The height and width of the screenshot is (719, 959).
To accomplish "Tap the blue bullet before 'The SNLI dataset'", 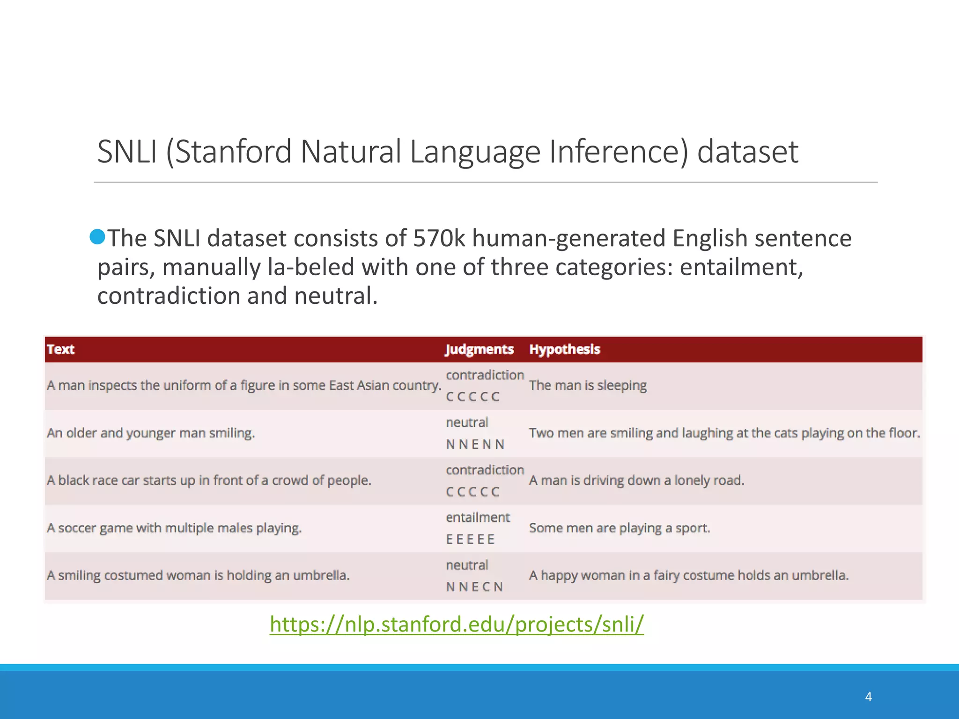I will (x=97, y=237).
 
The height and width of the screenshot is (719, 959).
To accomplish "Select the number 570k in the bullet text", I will (x=439, y=238).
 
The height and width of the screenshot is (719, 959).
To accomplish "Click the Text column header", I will (x=60, y=349).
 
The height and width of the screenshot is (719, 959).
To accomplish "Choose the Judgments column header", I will (x=479, y=349).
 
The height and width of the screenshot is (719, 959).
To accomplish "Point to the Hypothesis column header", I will (x=564, y=349).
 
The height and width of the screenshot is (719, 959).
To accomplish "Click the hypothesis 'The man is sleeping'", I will (x=588, y=385).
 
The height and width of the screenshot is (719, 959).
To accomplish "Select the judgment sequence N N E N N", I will (x=475, y=444).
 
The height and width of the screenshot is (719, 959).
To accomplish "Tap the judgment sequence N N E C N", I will (x=474, y=587).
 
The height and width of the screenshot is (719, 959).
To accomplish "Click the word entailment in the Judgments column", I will (x=478, y=517).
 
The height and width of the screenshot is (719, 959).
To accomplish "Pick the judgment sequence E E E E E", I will (x=470, y=539).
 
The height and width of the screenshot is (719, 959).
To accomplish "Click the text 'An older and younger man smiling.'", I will (x=150, y=433).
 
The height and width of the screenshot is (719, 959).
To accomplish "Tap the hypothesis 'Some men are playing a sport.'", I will (x=619, y=528).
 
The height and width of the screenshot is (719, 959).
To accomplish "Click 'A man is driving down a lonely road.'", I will (x=636, y=480).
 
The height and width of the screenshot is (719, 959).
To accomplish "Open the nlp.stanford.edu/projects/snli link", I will (x=457, y=624).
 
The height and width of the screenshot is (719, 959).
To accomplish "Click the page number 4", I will (x=868, y=697).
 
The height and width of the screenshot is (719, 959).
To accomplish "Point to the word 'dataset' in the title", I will (x=747, y=152).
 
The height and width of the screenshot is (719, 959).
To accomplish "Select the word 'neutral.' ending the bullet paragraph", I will (x=335, y=296).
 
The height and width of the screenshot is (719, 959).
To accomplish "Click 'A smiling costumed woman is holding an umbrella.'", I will (x=198, y=575).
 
